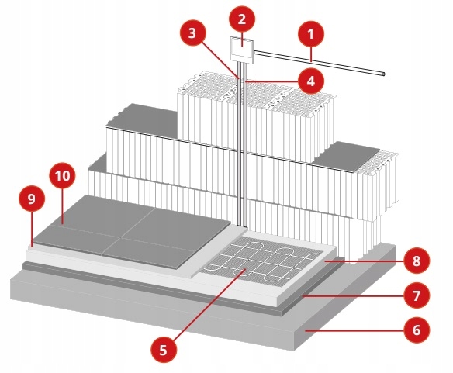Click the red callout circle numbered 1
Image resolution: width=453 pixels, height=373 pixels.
(312, 33)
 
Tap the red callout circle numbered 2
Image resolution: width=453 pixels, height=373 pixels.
(242, 19)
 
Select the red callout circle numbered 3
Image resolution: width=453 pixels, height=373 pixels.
(192, 35)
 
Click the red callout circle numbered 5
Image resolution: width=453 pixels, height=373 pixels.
(164, 349)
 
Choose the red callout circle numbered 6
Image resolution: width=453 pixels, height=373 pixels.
(417, 329)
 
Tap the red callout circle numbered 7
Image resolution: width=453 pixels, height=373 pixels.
(417, 295)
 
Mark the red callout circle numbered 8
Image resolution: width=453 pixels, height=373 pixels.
(417, 261)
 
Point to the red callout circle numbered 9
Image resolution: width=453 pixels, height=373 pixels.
(31, 200)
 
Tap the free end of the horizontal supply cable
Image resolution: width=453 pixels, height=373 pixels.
(384, 74)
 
